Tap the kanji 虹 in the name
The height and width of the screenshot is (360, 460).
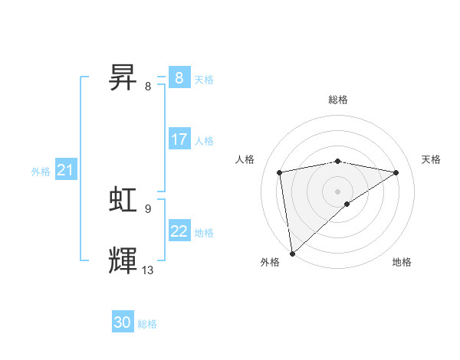(x=123, y=199)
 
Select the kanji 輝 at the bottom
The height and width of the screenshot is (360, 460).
(x=123, y=260)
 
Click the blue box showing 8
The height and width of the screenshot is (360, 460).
(x=179, y=77)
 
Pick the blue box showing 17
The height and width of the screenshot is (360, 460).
(x=179, y=139)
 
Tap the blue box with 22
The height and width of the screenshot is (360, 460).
(x=179, y=231)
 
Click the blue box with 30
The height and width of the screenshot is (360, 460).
(x=123, y=322)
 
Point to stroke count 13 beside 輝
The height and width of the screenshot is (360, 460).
(x=148, y=270)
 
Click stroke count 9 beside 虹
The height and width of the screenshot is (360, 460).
(x=148, y=208)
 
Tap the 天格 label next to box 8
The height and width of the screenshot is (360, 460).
(x=204, y=79)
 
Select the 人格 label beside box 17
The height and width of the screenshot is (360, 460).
(x=204, y=141)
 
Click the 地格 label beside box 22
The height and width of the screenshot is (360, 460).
(x=204, y=232)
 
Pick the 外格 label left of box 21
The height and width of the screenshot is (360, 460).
(x=41, y=172)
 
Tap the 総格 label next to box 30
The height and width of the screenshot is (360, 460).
(x=147, y=324)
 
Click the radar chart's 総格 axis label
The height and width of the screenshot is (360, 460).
(x=338, y=100)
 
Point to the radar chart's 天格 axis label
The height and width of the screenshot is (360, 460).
(x=432, y=159)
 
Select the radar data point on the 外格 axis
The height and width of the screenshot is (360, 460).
(x=292, y=253)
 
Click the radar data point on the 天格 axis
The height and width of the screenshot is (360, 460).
(x=396, y=172)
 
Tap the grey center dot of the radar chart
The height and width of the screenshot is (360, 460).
(x=337, y=191)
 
